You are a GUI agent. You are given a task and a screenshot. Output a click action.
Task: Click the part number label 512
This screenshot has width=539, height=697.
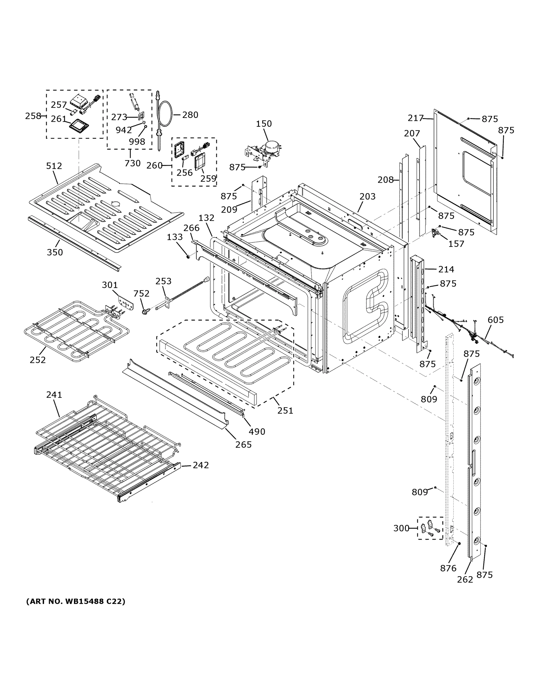tap(54, 166)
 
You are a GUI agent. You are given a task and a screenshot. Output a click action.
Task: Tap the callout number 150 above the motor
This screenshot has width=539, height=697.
tap(264, 124)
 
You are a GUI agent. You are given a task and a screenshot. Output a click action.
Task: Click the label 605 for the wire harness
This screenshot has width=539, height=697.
tap(496, 320)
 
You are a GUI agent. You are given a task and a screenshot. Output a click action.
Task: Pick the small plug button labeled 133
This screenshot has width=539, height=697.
tap(188, 256)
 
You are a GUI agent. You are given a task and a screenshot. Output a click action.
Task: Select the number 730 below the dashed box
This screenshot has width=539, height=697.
tap(132, 164)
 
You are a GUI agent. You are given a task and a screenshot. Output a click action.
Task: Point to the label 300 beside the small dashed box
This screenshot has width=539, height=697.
tap(401, 528)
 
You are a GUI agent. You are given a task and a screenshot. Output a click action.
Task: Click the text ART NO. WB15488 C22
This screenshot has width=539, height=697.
tap(76, 601)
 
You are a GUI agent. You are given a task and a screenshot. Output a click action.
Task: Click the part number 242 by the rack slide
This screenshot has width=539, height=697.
tap(200, 465)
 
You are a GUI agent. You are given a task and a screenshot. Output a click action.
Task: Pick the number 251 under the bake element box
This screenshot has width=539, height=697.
tap(285, 410)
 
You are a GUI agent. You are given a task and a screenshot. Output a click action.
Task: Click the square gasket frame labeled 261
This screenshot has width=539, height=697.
tap(78, 126)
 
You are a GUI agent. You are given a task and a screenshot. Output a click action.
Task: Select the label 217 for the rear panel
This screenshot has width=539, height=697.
tap(416, 118)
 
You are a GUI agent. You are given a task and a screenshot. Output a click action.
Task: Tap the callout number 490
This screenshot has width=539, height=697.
tap(257, 432)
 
